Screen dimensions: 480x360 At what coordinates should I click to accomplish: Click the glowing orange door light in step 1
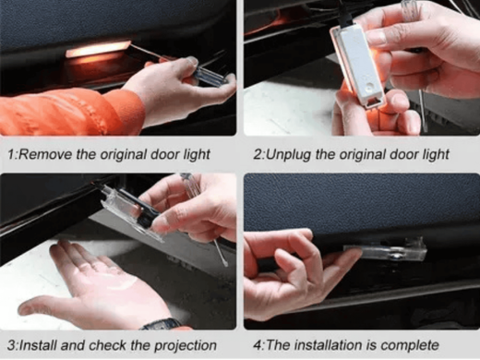point(98,49)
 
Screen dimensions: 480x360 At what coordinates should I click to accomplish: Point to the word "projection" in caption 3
point(186,345)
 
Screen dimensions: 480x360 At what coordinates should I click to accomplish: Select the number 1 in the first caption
point(11,154)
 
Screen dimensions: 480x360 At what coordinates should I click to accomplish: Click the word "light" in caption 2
point(436,155)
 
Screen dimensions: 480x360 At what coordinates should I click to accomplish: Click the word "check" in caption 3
point(107,345)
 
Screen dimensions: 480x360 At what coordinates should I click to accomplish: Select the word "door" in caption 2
point(403,154)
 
